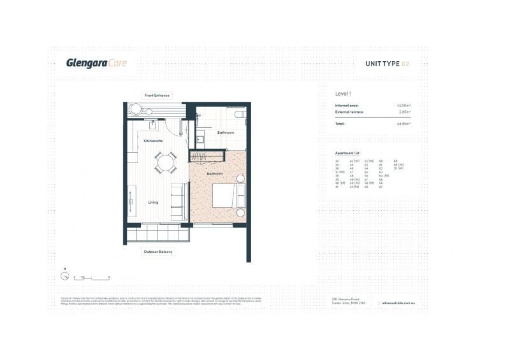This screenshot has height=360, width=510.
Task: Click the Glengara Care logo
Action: tap(96, 62)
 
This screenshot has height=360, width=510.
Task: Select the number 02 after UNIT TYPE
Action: tap(405, 64)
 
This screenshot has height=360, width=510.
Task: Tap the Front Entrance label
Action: tap(157, 96)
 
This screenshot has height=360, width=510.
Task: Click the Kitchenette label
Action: tap(153, 140)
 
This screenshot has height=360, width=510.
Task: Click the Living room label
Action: tap(153, 203)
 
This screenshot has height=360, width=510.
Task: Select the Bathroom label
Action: tap(226, 133)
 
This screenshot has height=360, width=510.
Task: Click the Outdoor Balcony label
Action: tap(157, 252)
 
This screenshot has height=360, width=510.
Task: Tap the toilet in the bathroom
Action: tap(240, 114)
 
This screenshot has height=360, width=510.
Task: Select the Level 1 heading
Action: tap(344, 93)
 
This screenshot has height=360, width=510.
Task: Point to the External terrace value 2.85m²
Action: tap(404, 112)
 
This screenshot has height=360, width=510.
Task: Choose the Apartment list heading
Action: tap(348, 154)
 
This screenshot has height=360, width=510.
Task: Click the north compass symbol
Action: tap(65, 277)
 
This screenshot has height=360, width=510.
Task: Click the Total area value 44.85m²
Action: tap(402, 123)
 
